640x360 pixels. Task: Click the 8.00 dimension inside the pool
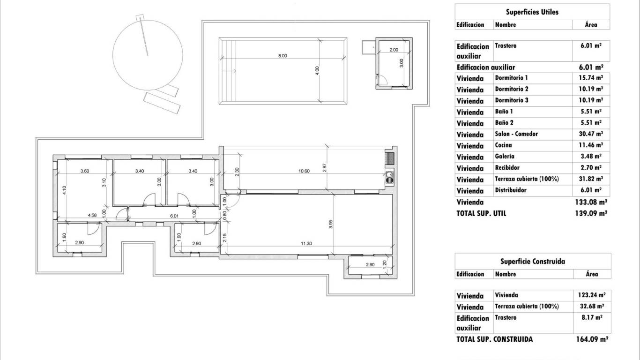coord(282,56)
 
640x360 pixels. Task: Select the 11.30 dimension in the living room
coord(306,243)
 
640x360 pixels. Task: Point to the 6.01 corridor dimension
coord(174,216)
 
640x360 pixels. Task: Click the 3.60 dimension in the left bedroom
coord(85,171)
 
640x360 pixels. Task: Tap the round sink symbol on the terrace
coord(388,178)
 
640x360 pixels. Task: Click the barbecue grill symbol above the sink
coord(389,158)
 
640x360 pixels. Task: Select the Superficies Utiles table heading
coord(532,12)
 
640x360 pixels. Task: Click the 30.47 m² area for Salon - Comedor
coord(590,134)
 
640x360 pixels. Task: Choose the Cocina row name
coord(503,145)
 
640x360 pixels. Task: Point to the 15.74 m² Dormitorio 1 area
coord(590,78)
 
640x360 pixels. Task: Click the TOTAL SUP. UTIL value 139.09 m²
coord(591,213)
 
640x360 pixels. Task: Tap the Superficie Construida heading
coord(532,262)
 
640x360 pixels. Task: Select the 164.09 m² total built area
coord(592,339)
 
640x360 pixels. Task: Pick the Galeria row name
coord(505,157)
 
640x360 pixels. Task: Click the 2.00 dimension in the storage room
coord(394,50)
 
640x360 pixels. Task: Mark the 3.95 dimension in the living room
coord(331,225)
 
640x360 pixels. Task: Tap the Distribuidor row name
coord(510,190)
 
